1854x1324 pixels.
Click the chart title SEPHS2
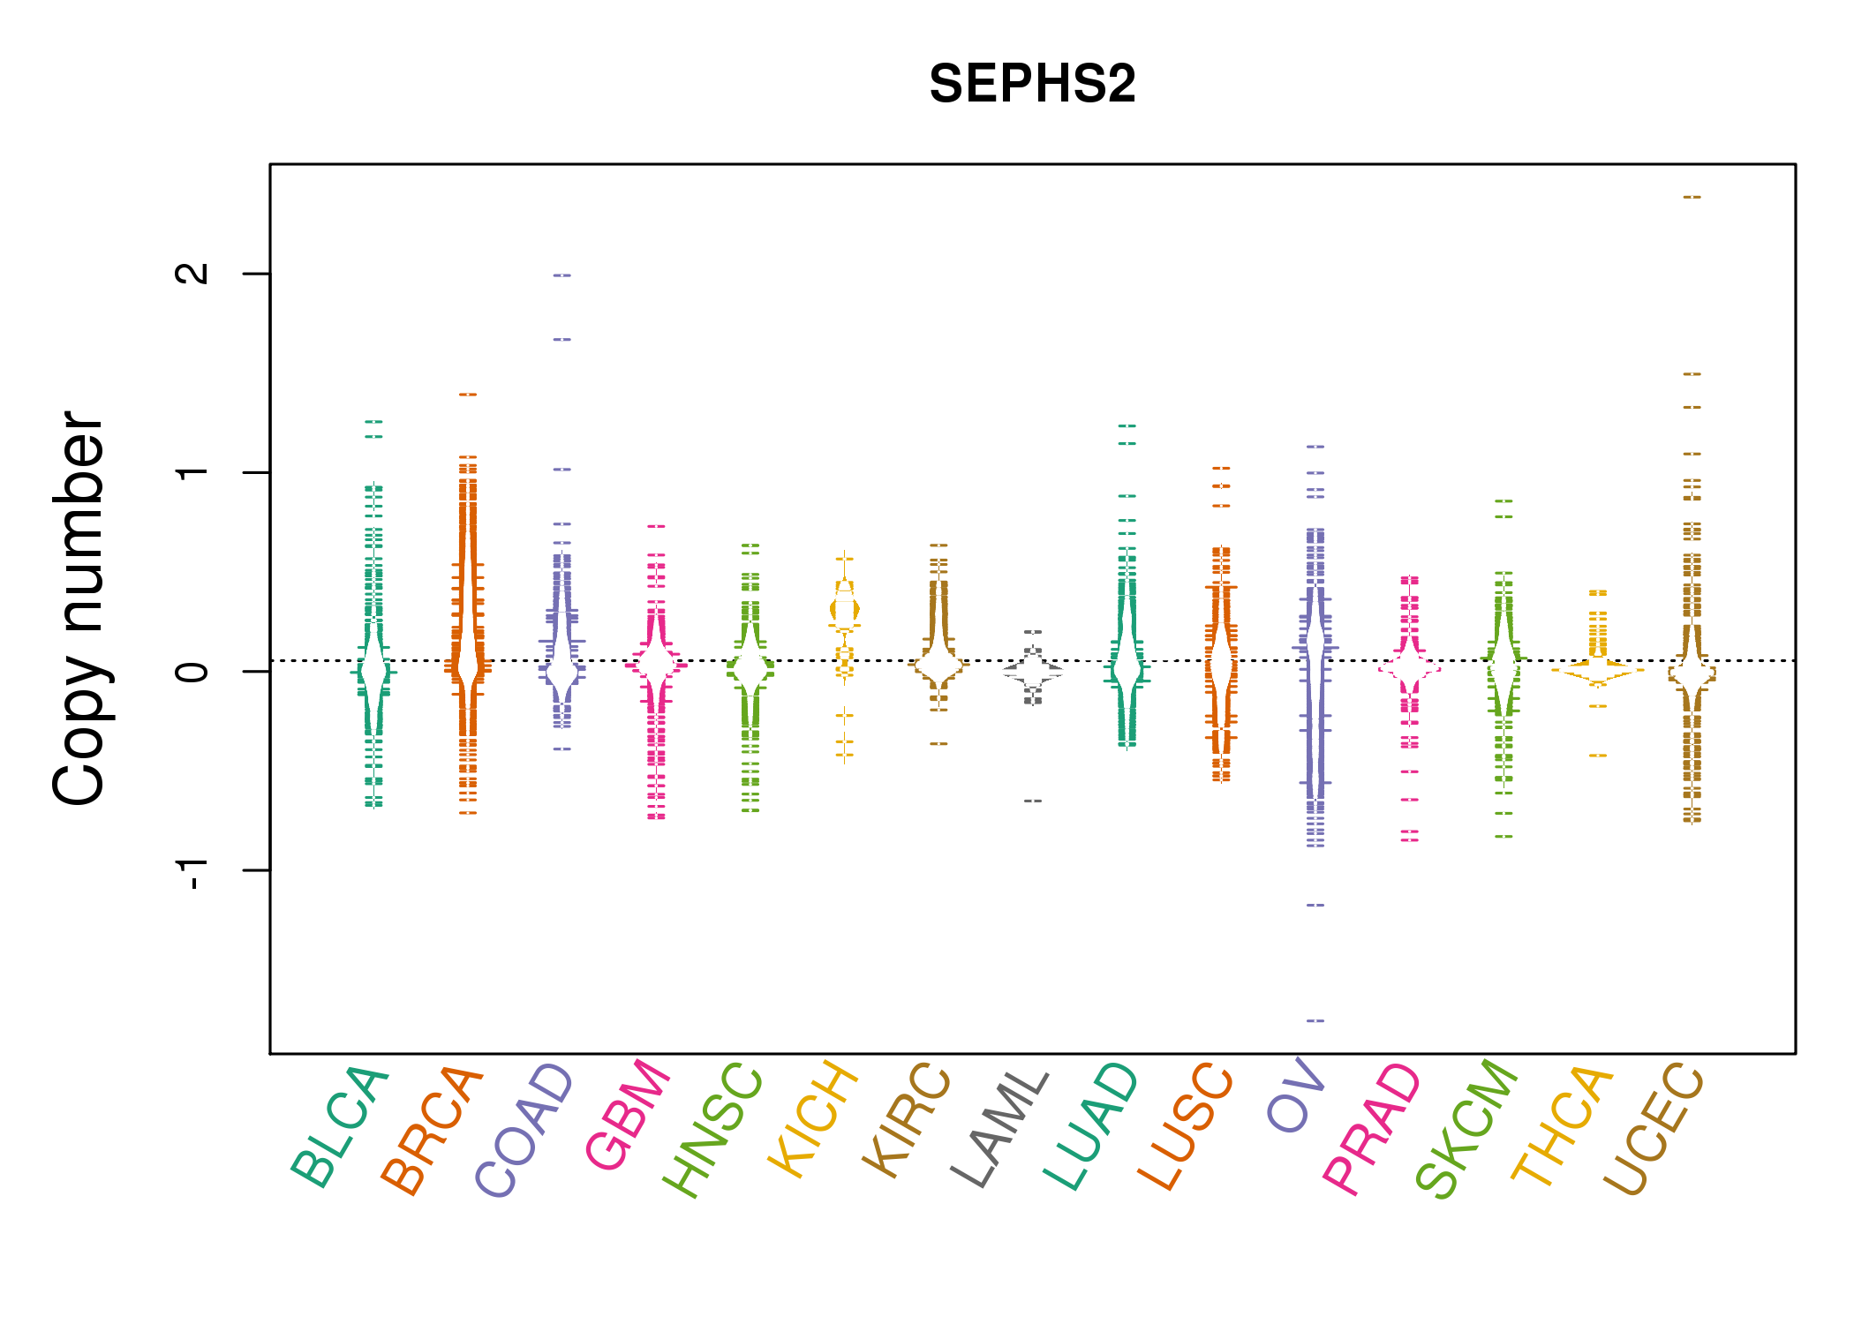click(1032, 84)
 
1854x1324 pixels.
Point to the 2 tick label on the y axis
click(192, 274)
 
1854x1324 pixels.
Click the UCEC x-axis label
click(1653, 1129)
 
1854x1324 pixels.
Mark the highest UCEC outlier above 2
click(1692, 197)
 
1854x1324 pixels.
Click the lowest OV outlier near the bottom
click(1315, 1020)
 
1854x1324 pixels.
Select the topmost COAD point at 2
click(562, 275)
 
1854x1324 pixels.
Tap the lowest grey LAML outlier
click(1033, 801)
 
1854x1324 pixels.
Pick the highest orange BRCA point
click(468, 395)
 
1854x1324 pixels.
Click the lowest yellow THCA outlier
click(1598, 756)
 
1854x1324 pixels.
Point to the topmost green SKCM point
click(1504, 501)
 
